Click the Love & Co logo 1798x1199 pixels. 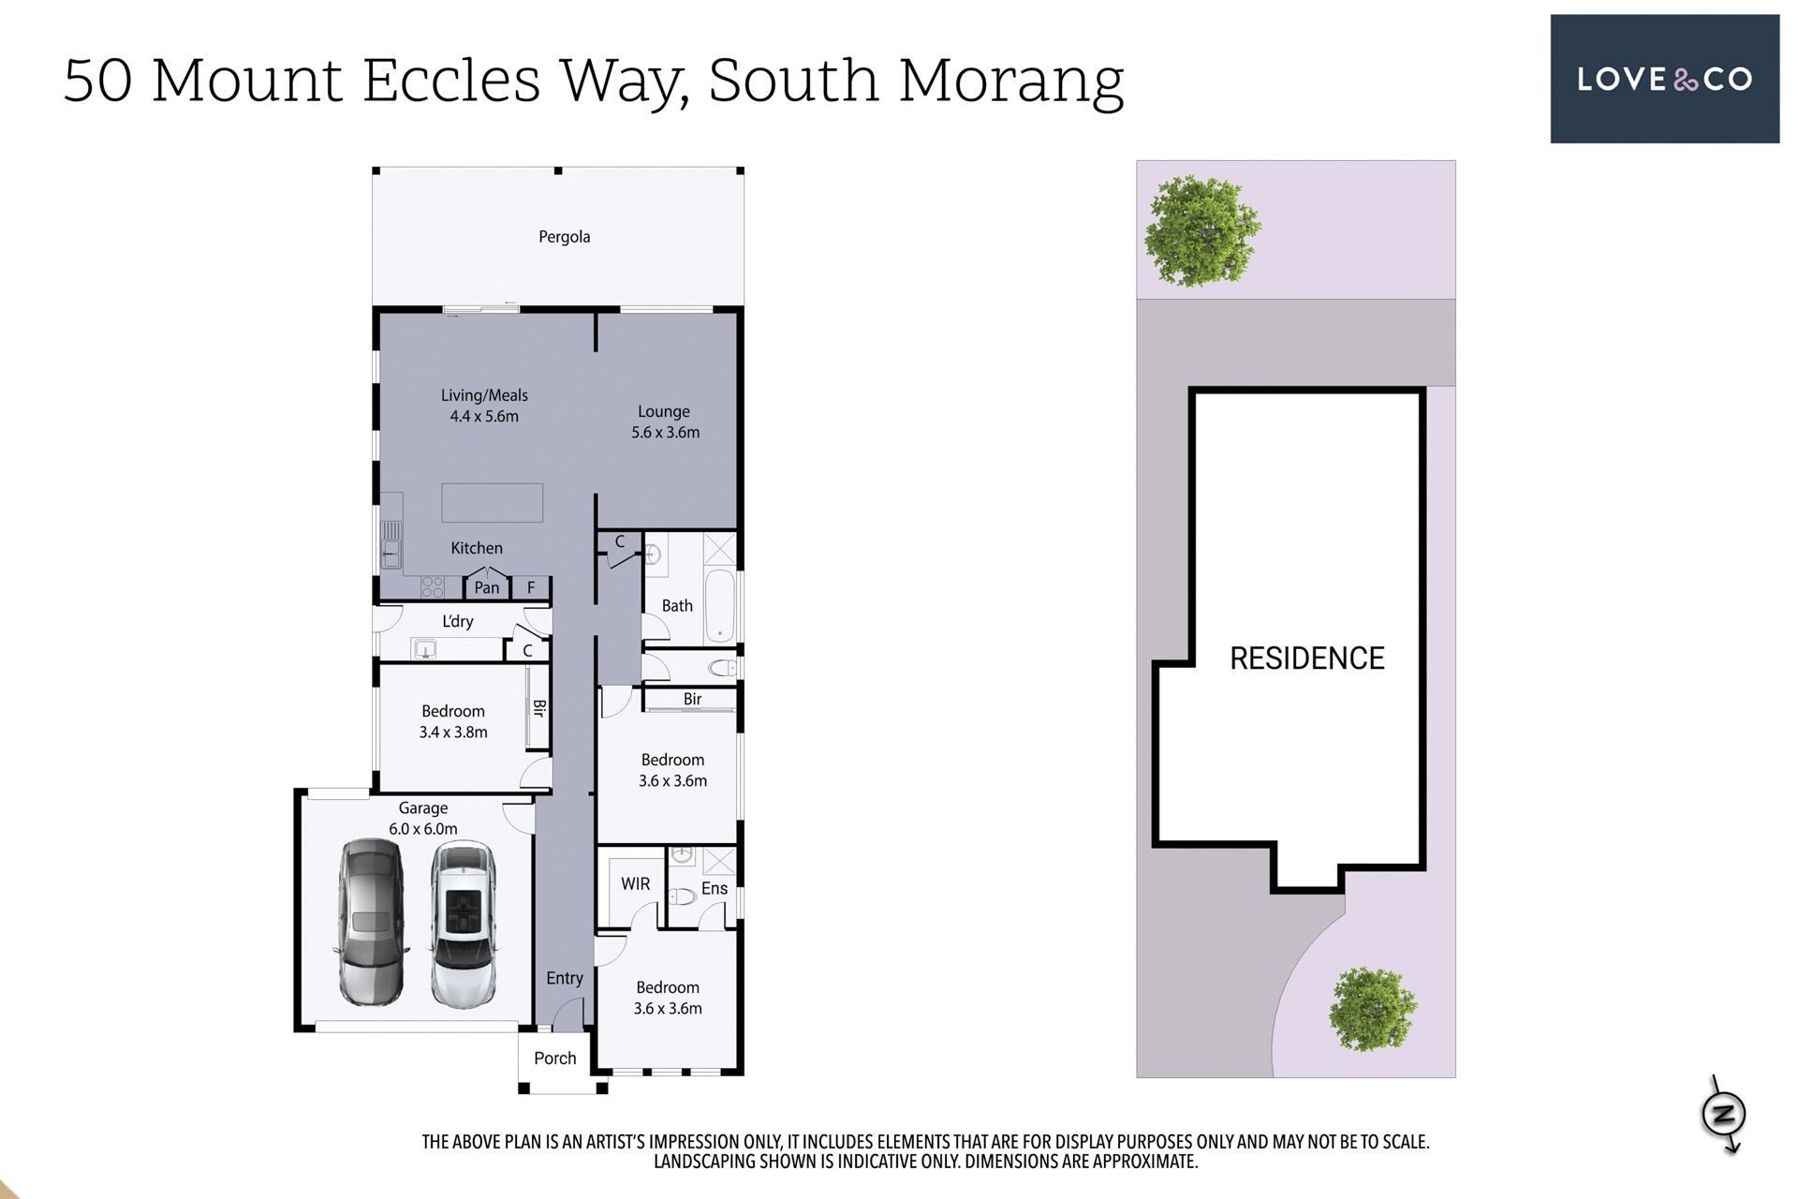[x=1664, y=79]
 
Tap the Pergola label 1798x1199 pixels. [x=564, y=237]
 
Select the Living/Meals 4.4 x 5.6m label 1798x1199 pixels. [x=484, y=406]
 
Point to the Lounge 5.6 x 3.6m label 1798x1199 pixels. [x=665, y=422]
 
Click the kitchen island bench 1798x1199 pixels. [x=492, y=502]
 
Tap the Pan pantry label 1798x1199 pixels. [x=487, y=587]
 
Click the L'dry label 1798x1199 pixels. [x=458, y=621]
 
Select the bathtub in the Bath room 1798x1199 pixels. [x=719, y=605]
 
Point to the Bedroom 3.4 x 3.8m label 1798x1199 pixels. [x=453, y=721]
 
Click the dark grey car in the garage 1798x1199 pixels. [x=372, y=923]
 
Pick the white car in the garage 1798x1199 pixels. [x=463, y=925]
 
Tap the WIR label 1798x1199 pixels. [x=635, y=883]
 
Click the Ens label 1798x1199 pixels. [x=714, y=888]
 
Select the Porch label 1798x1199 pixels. [x=555, y=1058]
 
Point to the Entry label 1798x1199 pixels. [x=565, y=978]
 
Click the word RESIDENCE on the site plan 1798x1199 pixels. [x=1307, y=659]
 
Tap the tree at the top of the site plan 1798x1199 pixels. [x=1201, y=230]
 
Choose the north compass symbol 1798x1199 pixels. [x=1724, y=1115]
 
